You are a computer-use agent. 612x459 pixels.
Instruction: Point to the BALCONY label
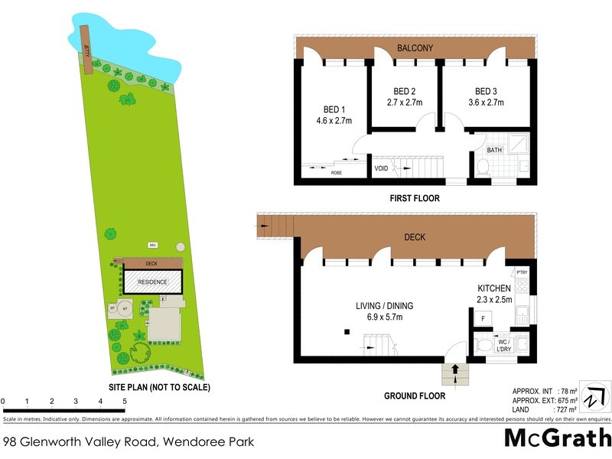point(415,49)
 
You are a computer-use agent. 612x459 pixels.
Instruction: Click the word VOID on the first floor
point(381,168)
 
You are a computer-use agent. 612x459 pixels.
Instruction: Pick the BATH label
point(494,151)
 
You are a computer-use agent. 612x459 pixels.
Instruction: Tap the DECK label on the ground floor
point(415,238)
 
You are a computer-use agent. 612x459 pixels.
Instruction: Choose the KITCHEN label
point(494,289)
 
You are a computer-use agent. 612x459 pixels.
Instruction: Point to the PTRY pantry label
point(522,272)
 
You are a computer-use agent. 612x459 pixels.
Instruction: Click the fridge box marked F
point(483,317)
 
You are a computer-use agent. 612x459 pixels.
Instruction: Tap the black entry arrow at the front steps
point(456,369)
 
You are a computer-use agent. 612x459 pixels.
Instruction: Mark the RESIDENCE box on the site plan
point(152,282)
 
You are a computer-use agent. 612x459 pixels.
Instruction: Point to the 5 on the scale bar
point(124,401)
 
